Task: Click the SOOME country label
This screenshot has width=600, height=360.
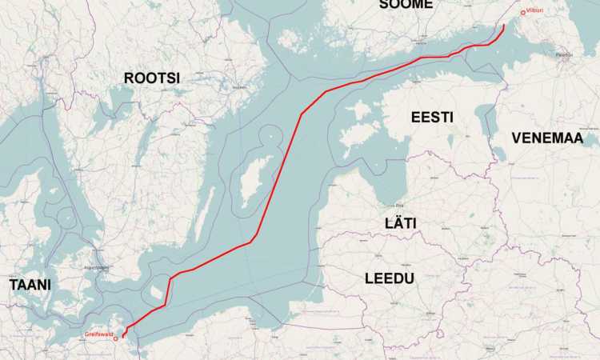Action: pos(406,4)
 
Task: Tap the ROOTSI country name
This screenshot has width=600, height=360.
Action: pos(152,78)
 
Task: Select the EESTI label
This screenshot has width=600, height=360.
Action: pos(432,118)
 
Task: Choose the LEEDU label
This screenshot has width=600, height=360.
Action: pos(389,278)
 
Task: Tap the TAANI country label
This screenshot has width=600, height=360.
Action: pos(30,285)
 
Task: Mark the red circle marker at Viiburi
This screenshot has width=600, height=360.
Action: pos(522,12)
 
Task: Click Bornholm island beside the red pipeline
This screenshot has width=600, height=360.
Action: pos(156,286)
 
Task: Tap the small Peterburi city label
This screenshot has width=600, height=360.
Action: pos(565,54)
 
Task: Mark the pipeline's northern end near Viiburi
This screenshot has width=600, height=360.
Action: pos(504,26)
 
